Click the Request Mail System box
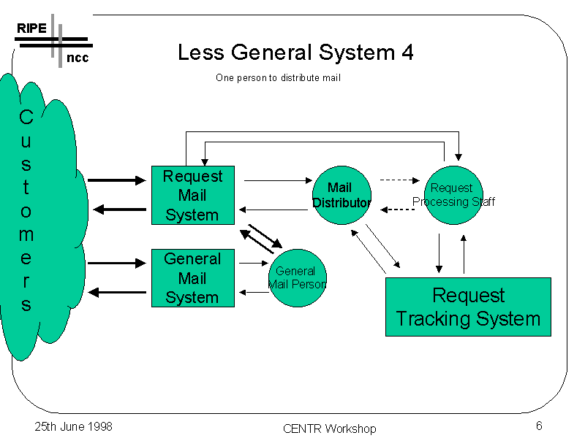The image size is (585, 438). click(x=192, y=195)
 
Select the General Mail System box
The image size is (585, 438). click(x=192, y=277)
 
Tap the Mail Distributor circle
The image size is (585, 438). click(x=341, y=195)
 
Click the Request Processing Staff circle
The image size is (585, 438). click(x=453, y=195)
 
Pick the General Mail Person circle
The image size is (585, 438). click(x=297, y=277)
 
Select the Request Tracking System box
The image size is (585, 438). click(x=468, y=307)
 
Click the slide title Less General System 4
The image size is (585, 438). click(x=295, y=53)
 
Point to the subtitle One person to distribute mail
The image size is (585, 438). click(x=278, y=78)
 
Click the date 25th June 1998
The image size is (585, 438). click(x=74, y=426)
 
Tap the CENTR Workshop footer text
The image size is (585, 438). click(x=329, y=429)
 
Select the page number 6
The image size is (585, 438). click(x=538, y=426)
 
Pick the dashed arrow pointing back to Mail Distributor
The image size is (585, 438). click(x=398, y=210)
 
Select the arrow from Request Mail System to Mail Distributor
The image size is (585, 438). click(x=278, y=180)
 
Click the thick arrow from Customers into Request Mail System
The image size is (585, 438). click(x=117, y=180)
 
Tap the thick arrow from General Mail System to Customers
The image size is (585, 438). click(x=117, y=293)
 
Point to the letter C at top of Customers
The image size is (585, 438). click(x=26, y=117)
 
